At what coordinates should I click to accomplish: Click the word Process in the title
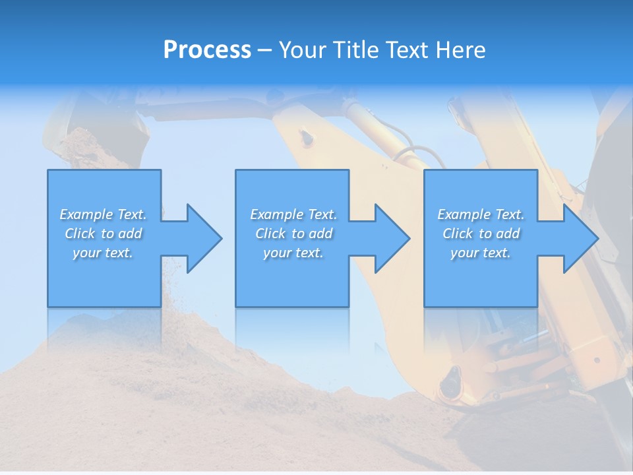click(207, 50)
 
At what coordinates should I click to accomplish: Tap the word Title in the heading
click(355, 50)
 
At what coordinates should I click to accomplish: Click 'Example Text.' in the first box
click(104, 214)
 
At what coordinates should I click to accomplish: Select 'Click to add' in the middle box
click(293, 234)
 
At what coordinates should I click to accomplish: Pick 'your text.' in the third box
click(481, 253)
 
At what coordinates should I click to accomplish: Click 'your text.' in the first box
click(104, 253)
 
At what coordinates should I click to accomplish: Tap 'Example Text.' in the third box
click(481, 214)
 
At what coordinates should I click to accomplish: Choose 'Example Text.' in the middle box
click(293, 214)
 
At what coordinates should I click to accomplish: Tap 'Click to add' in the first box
click(104, 234)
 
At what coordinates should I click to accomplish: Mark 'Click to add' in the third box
click(481, 234)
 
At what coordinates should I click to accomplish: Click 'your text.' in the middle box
click(293, 253)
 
